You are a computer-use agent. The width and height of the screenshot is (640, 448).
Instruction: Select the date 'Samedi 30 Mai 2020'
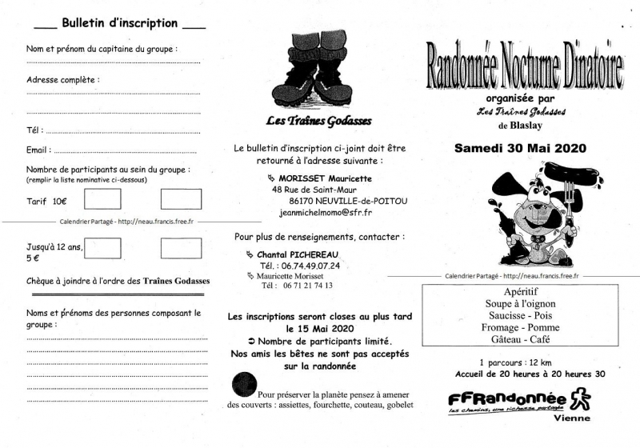tap(521, 148)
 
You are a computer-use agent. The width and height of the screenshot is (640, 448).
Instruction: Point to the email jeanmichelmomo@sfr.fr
tap(326, 213)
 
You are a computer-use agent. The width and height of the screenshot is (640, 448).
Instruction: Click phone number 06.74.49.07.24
tap(311, 266)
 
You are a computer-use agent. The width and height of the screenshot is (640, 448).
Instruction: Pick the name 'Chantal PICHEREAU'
tap(302, 254)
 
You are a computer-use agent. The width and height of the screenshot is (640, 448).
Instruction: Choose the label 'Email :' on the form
tap(39, 150)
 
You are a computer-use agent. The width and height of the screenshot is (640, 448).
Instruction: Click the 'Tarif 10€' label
tap(47, 202)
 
